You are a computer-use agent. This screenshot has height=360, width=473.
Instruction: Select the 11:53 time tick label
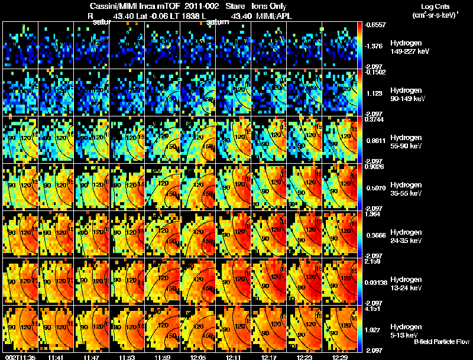click(127, 356)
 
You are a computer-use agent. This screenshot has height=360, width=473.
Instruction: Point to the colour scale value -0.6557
click(375, 25)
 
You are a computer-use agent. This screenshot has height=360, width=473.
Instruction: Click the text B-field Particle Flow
click(441, 342)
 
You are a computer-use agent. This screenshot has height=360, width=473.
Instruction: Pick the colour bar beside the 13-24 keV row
click(361, 281)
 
